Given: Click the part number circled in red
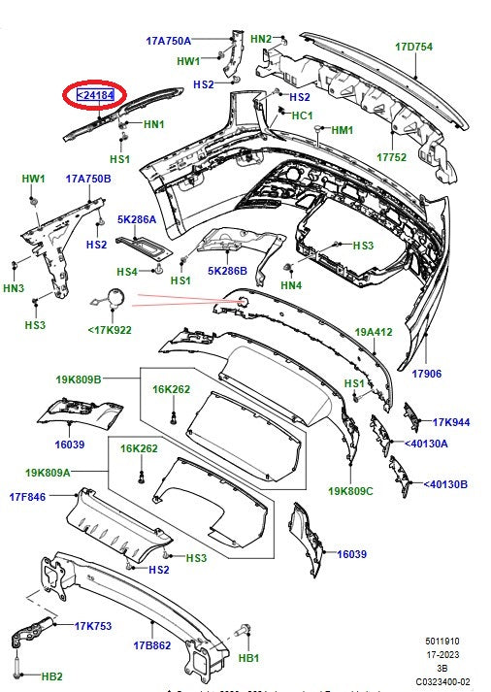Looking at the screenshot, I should tap(95, 95).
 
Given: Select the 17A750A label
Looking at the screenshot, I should tap(168, 41).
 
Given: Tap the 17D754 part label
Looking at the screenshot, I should tap(413, 47).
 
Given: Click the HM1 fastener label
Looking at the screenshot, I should tap(343, 130).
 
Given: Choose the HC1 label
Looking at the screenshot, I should tap(303, 115).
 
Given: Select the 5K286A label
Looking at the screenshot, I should tap(137, 220).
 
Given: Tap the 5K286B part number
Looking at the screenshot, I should tap(227, 271).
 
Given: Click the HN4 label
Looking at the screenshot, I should tap(290, 285).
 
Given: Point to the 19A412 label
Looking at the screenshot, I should tap(372, 332).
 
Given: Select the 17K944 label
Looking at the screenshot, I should tap(450, 422).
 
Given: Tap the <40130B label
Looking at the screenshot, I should tap(445, 483).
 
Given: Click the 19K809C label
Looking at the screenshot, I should tap(351, 490).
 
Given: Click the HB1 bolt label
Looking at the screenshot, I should tap(249, 658).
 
